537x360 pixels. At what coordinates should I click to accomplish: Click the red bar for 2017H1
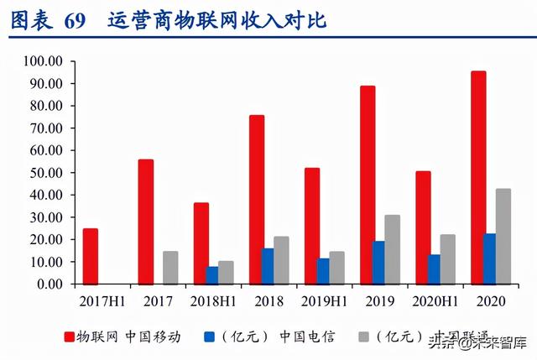click(x=90, y=256)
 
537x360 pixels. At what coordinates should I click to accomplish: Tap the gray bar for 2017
click(x=170, y=268)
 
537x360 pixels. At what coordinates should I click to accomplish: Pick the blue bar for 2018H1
click(x=212, y=275)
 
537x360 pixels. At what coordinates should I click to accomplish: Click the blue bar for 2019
click(x=356, y=263)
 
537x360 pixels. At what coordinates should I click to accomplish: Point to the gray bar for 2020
click(x=503, y=236)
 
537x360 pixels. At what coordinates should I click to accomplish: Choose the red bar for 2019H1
click(x=311, y=226)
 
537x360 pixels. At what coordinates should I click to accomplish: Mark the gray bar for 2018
click(x=282, y=260)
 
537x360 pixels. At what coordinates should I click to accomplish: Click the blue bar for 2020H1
click(x=434, y=269)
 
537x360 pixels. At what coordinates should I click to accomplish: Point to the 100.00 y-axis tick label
click(x=43, y=62)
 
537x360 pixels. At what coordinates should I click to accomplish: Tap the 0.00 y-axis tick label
click(x=49, y=284)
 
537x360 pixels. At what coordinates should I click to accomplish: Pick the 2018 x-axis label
click(x=268, y=299)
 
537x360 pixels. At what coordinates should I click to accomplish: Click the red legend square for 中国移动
click(x=70, y=338)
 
